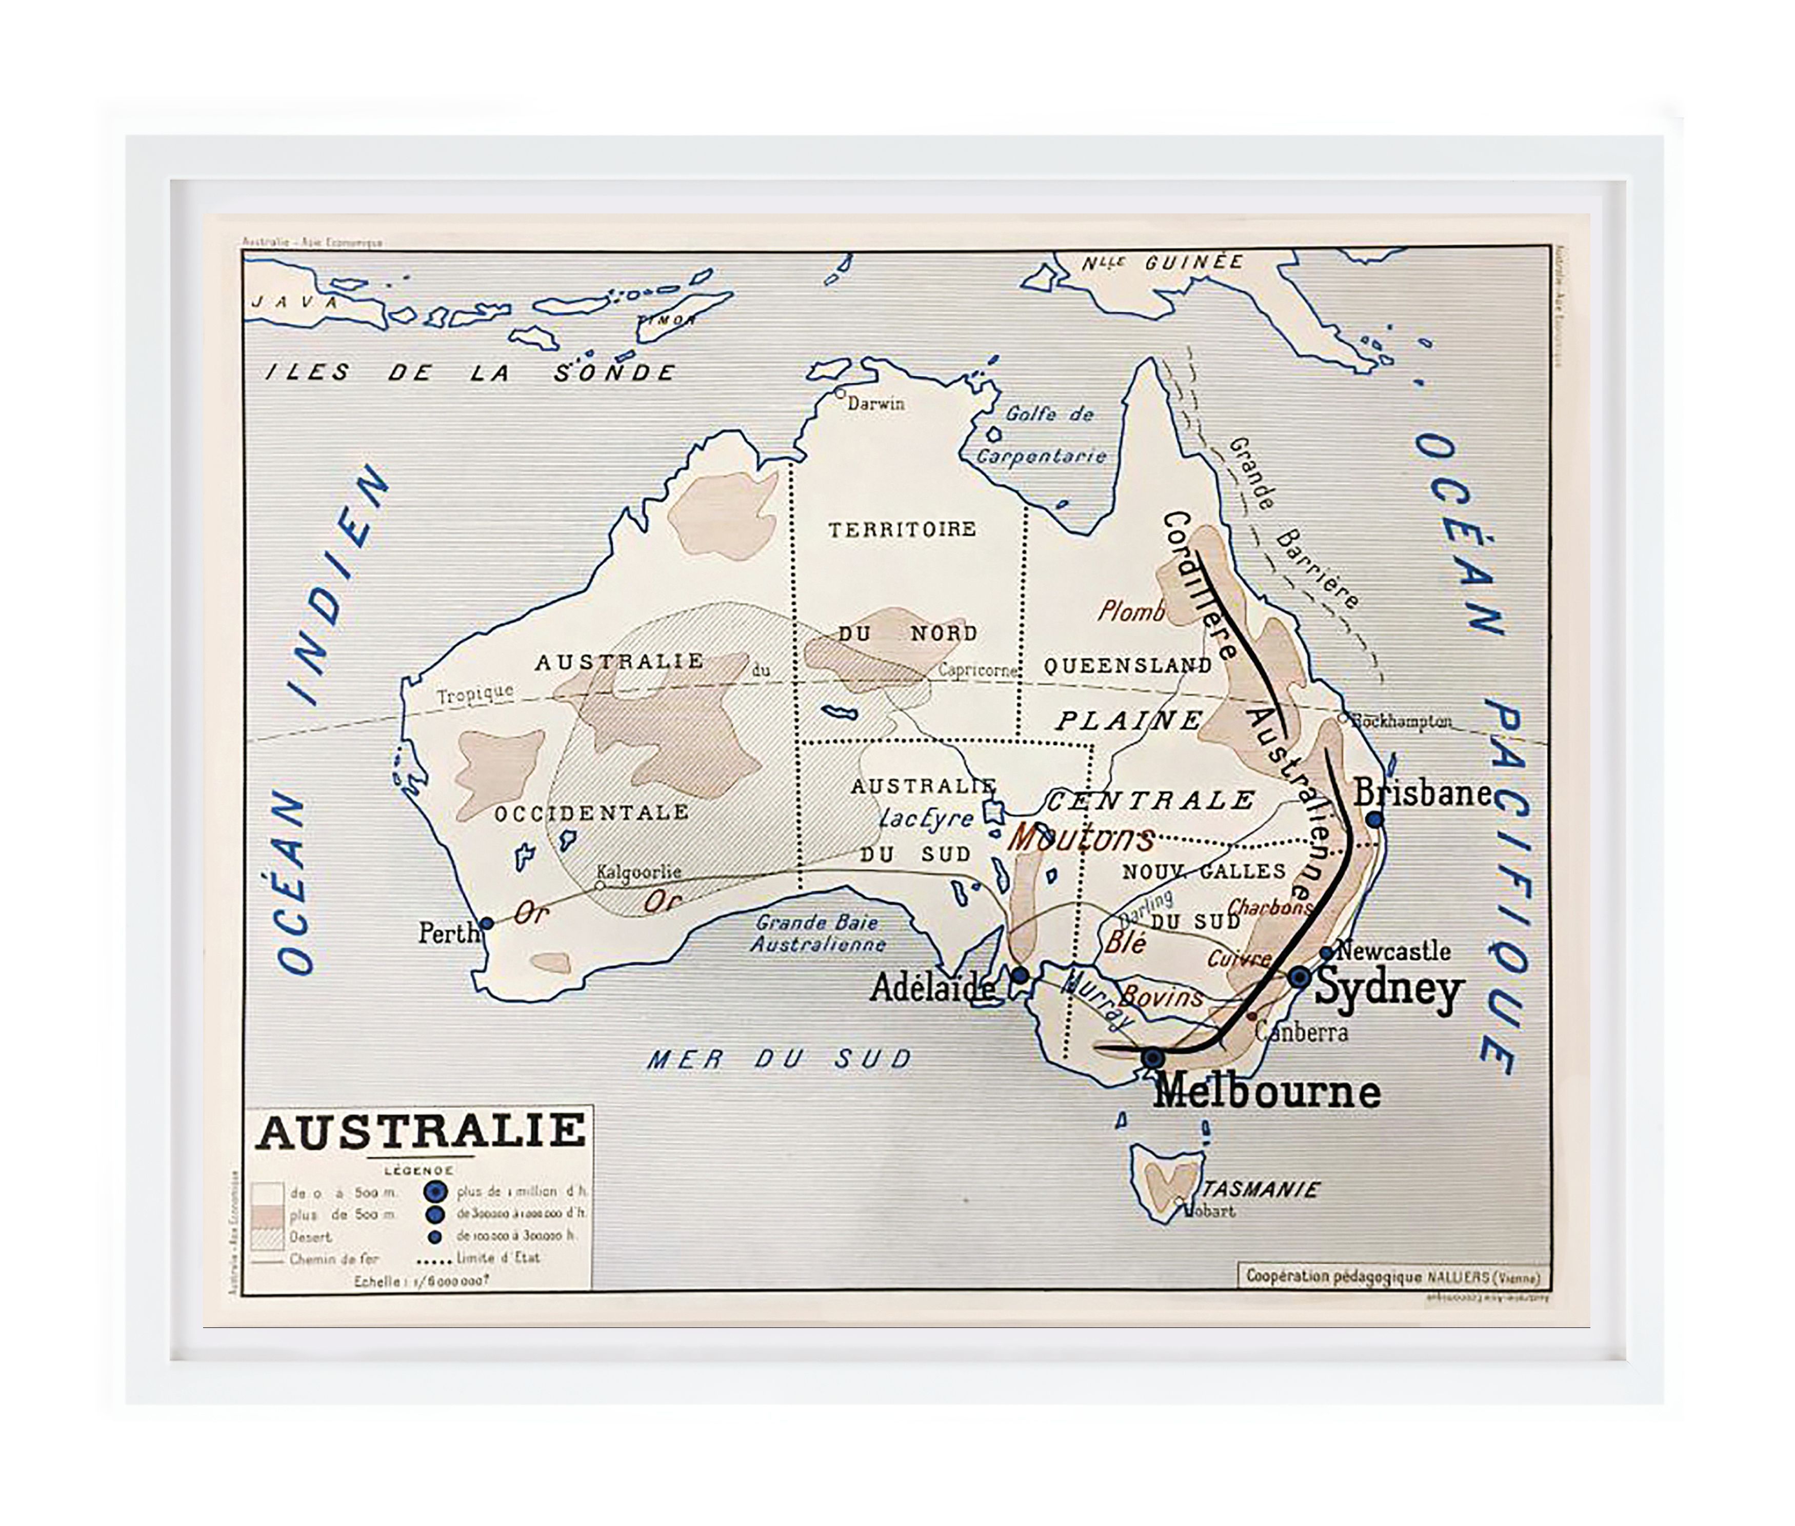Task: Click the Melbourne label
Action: coord(1266,1091)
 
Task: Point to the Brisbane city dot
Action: coord(1374,818)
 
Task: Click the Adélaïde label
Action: coord(932,986)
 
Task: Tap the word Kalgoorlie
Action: coord(640,872)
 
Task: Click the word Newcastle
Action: coord(1393,950)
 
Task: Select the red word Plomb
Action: coord(1130,611)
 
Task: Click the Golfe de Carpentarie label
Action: coord(1043,434)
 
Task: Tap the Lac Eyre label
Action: coord(926,818)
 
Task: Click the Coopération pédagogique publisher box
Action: coord(1393,1277)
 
